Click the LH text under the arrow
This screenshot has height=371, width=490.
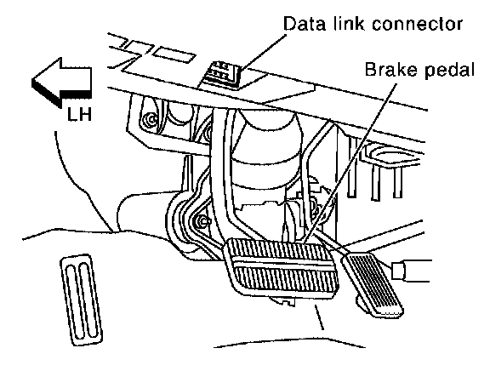click(79, 114)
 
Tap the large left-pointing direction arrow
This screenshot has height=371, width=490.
click(61, 82)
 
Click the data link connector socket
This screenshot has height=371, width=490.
click(220, 74)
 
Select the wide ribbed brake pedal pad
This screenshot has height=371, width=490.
click(281, 266)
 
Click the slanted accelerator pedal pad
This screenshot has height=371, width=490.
click(373, 284)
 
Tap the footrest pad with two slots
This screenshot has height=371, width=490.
click(82, 300)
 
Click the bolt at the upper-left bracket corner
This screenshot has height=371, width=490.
click(152, 119)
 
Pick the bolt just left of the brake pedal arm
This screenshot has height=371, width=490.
click(203, 221)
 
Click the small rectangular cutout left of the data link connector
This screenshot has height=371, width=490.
click(174, 54)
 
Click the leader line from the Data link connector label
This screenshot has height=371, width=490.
click(262, 52)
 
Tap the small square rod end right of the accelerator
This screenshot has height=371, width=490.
click(398, 271)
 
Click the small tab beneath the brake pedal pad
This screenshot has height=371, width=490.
click(282, 300)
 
